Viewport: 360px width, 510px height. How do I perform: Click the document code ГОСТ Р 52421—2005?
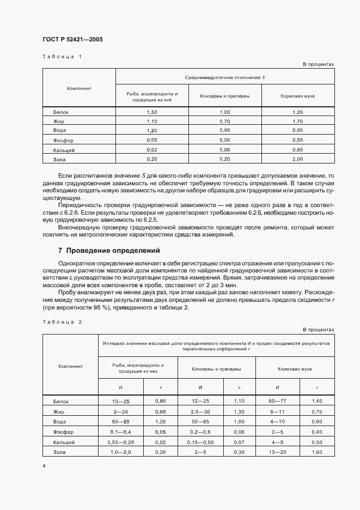tap(72, 40)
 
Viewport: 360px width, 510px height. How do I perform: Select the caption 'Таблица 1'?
tap(61, 57)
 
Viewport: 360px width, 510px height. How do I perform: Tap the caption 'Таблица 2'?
tap(61, 321)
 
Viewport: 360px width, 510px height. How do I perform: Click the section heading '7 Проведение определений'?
tap(109, 251)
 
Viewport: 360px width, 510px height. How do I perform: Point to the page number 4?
tap(44, 466)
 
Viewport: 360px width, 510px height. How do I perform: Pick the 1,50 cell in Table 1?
tap(152, 112)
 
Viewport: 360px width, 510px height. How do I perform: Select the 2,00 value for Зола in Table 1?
tap(297, 159)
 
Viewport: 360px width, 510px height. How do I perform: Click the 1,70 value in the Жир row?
tap(297, 121)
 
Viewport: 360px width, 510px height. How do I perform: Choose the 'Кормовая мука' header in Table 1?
tap(297, 96)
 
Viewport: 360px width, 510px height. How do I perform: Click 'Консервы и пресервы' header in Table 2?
tap(216, 369)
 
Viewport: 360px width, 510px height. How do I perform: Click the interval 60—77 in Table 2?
tap(277, 400)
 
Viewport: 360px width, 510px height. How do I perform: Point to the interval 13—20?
tap(277, 452)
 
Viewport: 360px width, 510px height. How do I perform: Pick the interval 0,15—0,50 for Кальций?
tap(200, 442)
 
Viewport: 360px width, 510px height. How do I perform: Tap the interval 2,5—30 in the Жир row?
tap(200, 411)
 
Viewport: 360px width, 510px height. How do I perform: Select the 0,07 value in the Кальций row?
tap(239, 442)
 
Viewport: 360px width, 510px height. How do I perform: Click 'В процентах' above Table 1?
tap(318, 64)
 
